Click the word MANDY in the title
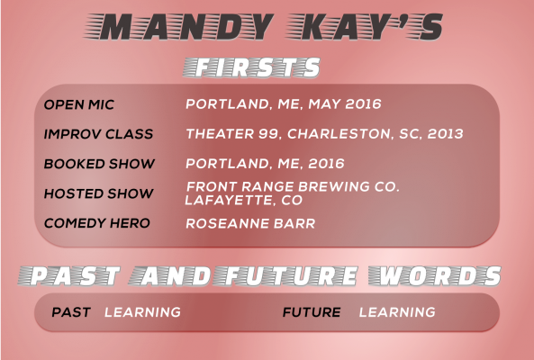pos(179,26)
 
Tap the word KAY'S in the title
pos(365,26)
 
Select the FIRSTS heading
pos(251,67)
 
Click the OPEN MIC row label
pos(79,104)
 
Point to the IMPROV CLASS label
pos(98,134)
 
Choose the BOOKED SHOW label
pos(99,164)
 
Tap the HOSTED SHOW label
pos(98,193)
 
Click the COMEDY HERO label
pos(97,223)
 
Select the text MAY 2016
pos(345,104)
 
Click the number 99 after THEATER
pos(269,134)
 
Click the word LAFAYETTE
pos(231,200)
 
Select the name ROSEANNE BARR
pos(250,223)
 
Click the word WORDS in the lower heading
pos(435,275)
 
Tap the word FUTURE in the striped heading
pos(285,275)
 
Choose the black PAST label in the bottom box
pos(71,312)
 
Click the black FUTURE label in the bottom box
pos(312,312)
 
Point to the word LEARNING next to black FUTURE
pos(397,312)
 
